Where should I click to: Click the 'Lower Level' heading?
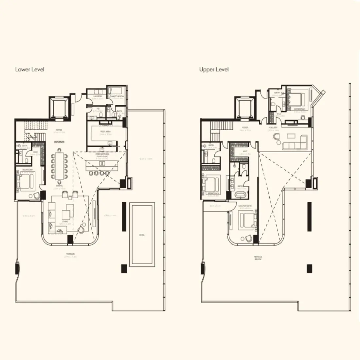pos(29,69)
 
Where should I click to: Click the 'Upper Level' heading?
pos(214,69)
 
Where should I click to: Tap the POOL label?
pos(142,235)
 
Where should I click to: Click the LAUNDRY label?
pos(98,97)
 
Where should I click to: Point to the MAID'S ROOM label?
pos(116,97)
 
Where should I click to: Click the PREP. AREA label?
pos(105,132)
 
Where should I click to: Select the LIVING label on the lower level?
pos(64,222)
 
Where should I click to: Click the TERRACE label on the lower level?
pos(70,254)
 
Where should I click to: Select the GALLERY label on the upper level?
pos(273,128)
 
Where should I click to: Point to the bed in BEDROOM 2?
pos(297,98)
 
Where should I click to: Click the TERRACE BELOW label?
pos(258,258)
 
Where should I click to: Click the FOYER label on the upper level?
pos(245,128)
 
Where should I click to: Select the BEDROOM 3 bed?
pos(212,184)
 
